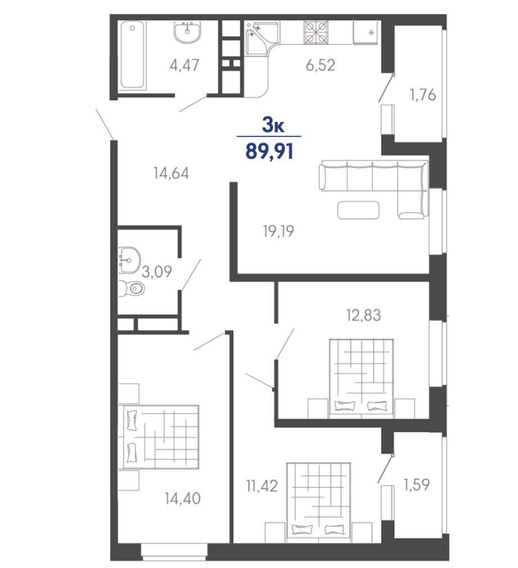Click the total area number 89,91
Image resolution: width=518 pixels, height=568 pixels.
pyautogui.click(x=270, y=151)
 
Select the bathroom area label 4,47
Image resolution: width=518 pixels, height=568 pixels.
pyautogui.click(x=184, y=65)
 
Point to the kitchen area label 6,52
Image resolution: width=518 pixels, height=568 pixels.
pyautogui.click(x=320, y=65)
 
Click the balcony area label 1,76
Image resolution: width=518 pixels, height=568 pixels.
pyautogui.click(x=422, y=95)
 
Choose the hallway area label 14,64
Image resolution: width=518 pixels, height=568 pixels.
pyautogui.click(x=171, y=173)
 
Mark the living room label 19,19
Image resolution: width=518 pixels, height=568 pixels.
pyautogui.click(x=279, y=231)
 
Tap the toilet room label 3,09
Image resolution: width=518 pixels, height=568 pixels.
pyautogui.click(x=157, y=271)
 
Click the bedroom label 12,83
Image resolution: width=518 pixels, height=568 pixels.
pyautogui.click(x=363, y=315)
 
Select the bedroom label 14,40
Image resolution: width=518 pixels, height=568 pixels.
pyautogui.click(x=182, y=498)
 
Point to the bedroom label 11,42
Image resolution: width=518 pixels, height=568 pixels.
pyautogui.click(x=262, y=486)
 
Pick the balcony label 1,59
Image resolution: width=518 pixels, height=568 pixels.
pyautogui.click(x=416, y=484)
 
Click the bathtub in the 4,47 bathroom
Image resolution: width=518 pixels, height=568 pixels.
pyautogui.click(x=132, y=55)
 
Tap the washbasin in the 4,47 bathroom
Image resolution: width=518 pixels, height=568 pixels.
pyautogui.click(x=187, y=32)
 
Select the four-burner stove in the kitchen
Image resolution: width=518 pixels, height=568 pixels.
pyautogui.click(x=316, y=32)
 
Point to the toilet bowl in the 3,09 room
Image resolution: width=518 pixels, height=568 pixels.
pyautogui.click(x=132, y=288)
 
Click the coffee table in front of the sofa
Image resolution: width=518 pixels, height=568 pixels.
pyautogui.click(x=358, y=210)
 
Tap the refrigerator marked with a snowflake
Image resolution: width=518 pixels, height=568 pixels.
pyautogui.click(x=365, y=33)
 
